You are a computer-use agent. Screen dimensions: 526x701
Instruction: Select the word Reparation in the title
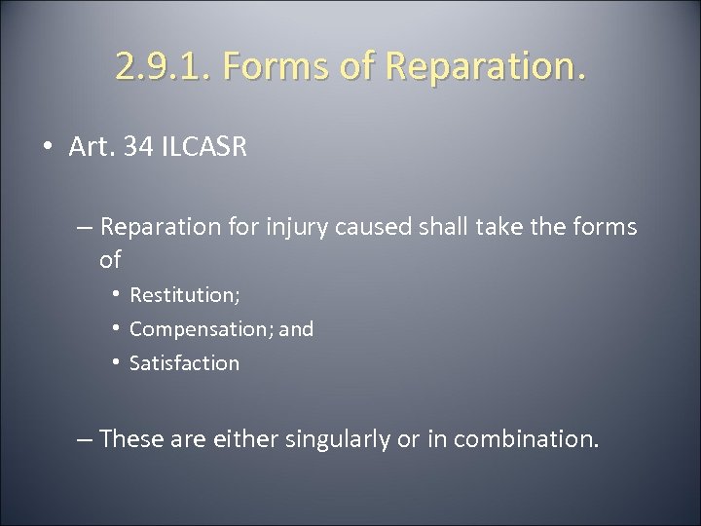point(472,66)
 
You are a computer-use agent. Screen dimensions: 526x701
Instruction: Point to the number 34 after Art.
point(142,149)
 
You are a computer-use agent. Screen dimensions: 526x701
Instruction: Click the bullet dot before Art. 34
point(48,149)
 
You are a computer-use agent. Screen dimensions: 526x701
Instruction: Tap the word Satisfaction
point(184,363)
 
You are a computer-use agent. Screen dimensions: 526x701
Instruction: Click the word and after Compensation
point(297,329)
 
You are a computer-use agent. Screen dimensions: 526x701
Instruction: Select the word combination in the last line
point(522,439)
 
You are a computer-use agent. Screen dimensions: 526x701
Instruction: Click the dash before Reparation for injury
point(84,227)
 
